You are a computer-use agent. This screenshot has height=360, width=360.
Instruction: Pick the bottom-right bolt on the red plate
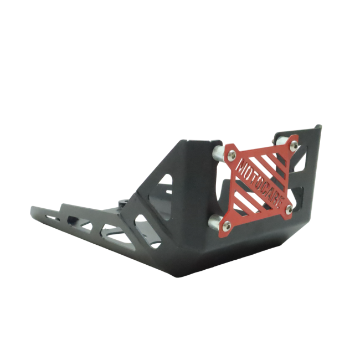coord(289,209)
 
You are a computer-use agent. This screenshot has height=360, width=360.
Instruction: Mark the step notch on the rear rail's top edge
coord(62,206)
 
